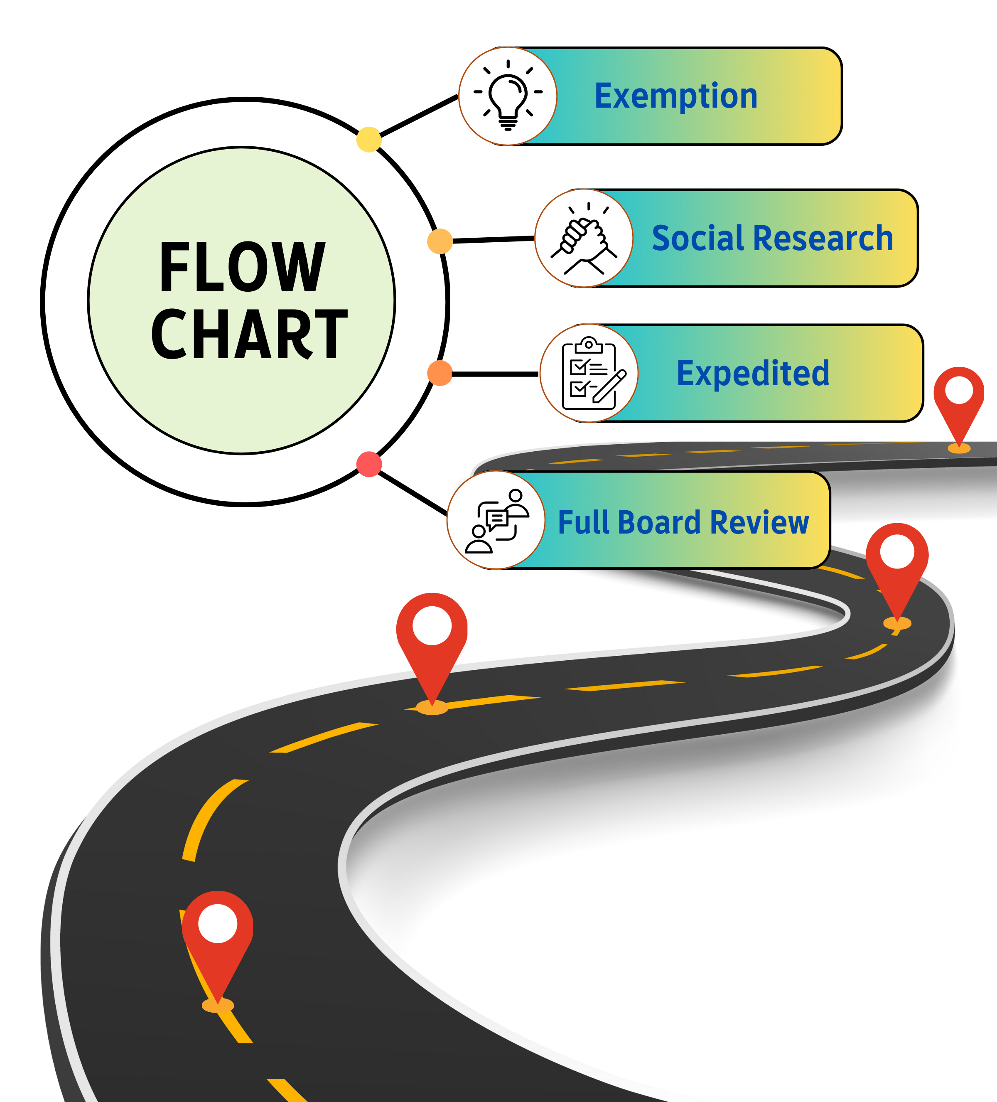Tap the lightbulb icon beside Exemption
pyautogui.click(x=508, y=96)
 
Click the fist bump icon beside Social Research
pyautogui.click(x=584, y=239)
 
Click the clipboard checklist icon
pyautogui.click(x=589, y=373)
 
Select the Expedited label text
pyautogui.click(x=753, y=373)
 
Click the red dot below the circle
pyautogui.click(x=369, y=464)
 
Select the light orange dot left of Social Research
pyautogui.click(x=440, y=241)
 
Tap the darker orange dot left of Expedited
pyautogui.click(x=440, y=373)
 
